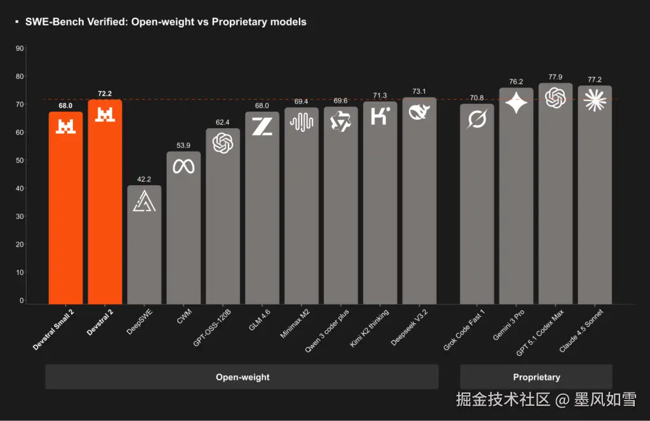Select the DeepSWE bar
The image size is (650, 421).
pyautogui.click(x=144, y=247)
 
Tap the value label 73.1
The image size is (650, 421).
pyautogui.click(x=419, y=91)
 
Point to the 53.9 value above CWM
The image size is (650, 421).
pyautogui.click(x=183, y=146)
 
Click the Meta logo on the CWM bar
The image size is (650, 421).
pyautogui.click(x=183, y=166)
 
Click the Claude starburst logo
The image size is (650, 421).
pyautogui.click(x=595, y=100)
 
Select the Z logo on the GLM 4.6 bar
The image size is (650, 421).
pyautogui.click(x=262, y=126)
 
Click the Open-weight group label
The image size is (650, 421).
pyautogui.click(x=242, y=377)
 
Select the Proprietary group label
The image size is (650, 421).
pyautogui.click(x=536, y=377)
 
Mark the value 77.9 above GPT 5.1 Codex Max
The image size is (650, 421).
pyautogui.click(x=555, y=77)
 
